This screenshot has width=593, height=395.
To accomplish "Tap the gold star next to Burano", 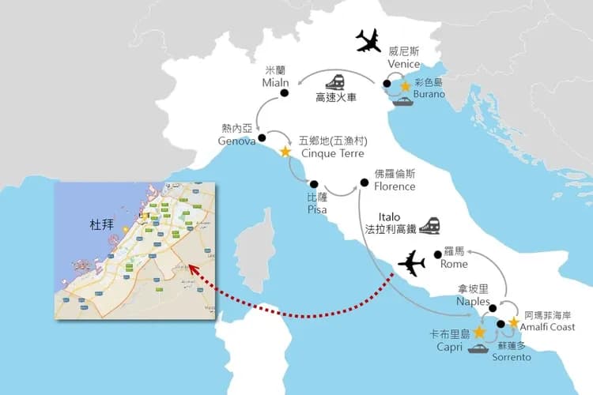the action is [406, 85].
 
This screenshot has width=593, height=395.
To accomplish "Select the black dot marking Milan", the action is [283, 95].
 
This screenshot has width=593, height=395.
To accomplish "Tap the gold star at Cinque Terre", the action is [285, 149].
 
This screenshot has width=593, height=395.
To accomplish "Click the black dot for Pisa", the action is [313, 181].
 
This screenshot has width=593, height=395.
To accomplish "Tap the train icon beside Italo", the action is [429, 224].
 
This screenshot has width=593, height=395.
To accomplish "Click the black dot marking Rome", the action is [437, 254].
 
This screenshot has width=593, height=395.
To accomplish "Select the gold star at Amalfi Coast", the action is [513, 323].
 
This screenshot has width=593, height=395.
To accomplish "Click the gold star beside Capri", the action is [479, 332].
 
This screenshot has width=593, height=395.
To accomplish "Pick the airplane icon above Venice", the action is [368, 39].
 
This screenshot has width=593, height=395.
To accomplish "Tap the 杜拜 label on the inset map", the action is [104, 225].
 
